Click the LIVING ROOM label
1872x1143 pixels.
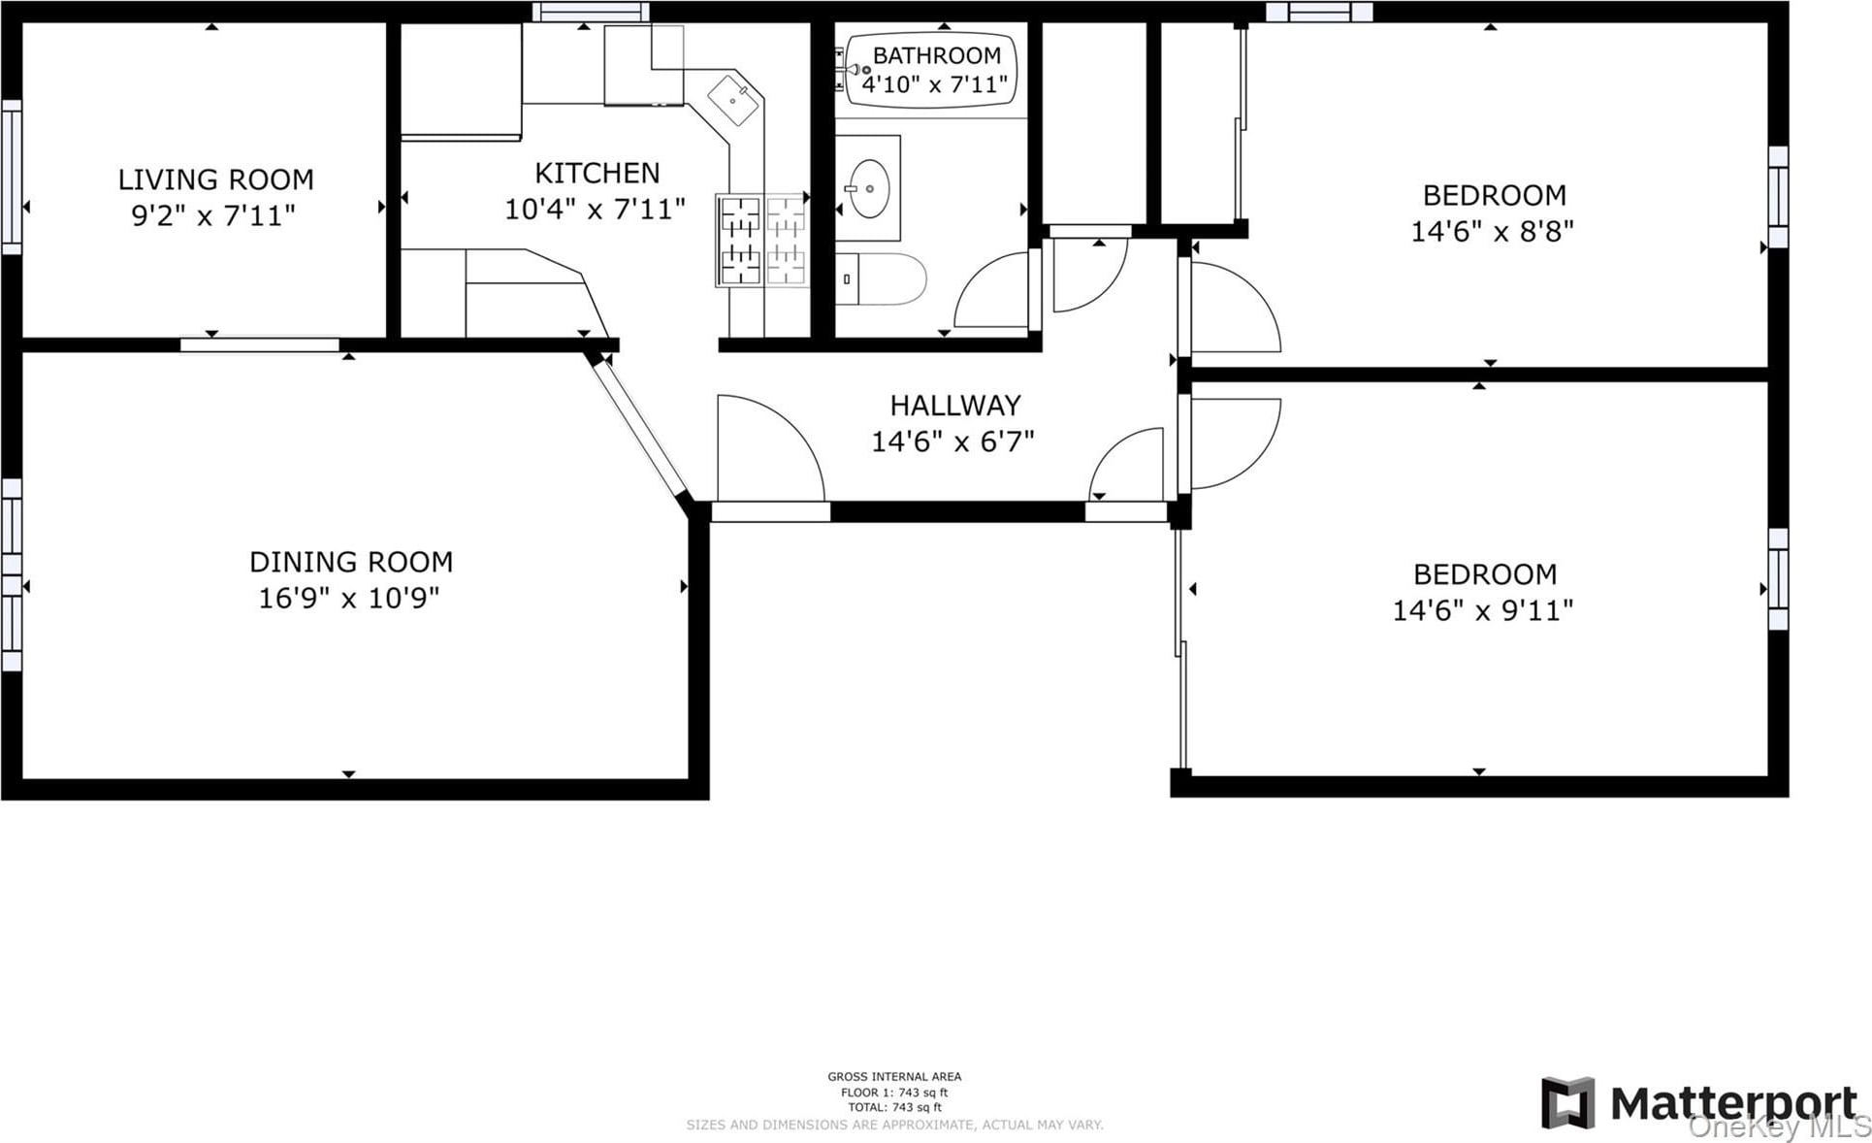pos(215,180)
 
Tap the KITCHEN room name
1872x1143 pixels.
pos(597,173)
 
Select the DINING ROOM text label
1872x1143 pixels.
pos(351,562)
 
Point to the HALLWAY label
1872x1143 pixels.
pos(955,405)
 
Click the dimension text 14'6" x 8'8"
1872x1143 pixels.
pos(1492,231)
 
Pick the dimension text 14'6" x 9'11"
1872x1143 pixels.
pos(1483,610)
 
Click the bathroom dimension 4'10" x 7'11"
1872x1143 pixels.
pos(935,84)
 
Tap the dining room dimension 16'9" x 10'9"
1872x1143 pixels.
pos(349,598)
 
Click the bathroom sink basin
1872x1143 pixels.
pos(870,188)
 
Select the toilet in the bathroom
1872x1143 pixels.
pos(881,279)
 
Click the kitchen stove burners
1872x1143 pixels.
pos(762,240)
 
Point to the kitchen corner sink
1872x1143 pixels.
pos(734,101)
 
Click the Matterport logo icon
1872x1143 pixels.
pos(1568,1103)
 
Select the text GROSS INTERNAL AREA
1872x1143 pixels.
pos(894,1076)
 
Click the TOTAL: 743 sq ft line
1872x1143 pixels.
pos(894,1107)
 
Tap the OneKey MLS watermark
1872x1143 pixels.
pos(1779,1127)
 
